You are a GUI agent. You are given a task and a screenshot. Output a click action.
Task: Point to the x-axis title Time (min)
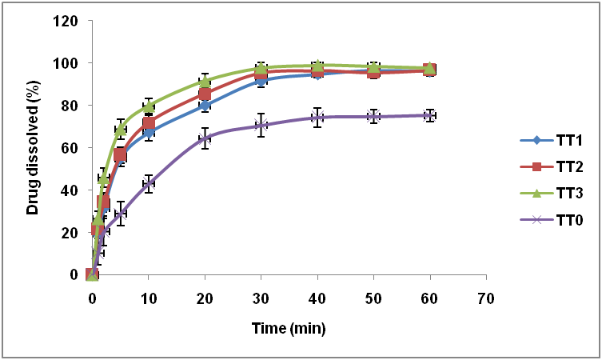tap(289, 329)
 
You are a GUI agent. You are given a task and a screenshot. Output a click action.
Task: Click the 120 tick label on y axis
tap(67, 21)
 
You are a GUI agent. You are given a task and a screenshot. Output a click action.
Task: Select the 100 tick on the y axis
tap(67, 63)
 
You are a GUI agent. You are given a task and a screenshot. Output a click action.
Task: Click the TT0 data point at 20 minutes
tap(205, 138)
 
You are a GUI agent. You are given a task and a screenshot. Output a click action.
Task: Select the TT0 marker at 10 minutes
tap(149, 182)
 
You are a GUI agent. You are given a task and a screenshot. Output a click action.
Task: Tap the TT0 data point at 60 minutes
tap(429, 115)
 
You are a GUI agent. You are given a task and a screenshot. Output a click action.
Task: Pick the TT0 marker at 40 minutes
tap(317, 118)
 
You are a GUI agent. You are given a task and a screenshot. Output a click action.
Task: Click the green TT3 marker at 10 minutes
tap(149, 106)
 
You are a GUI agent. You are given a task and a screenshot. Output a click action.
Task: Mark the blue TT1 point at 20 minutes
tap(205, 105)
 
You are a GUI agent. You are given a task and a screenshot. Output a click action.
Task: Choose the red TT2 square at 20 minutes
tap(205, 94)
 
